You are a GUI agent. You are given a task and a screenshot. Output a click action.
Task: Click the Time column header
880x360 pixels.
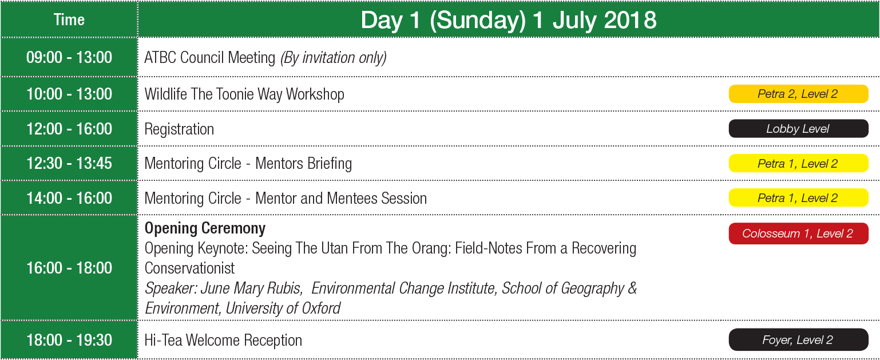(x=69, y=19)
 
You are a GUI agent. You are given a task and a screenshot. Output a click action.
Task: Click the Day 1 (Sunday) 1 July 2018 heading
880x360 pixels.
(x=508, y=20)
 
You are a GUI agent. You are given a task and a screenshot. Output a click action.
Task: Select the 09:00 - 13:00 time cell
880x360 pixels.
(x=69, y=57)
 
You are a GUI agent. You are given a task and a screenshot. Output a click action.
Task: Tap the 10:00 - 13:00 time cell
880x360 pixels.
(x=69, y=94)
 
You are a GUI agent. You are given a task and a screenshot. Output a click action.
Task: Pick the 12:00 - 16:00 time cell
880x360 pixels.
(x=69, y=129)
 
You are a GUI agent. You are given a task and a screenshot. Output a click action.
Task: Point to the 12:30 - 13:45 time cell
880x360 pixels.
(x=69, y=164)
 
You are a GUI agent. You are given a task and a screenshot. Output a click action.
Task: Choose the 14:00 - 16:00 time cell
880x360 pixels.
(x=69, y=198)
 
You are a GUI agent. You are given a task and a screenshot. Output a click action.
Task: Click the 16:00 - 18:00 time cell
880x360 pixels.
(x=69, y=268)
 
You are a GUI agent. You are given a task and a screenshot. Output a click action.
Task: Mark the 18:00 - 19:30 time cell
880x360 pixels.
(x=69, y=340)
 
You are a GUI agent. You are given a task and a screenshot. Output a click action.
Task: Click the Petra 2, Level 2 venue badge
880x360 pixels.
(x=798, y=94)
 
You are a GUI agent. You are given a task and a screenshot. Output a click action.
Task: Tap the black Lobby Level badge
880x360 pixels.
(x=798, y=129)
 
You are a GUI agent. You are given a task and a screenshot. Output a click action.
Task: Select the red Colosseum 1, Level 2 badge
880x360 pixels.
(x=798, y=234)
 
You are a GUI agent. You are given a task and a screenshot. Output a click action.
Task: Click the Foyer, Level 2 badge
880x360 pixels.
(x=798, y=339)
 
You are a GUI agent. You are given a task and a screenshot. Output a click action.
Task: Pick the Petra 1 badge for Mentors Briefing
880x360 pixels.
(x=798, y=163)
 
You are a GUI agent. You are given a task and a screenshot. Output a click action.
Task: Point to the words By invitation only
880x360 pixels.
(x=334, y=58)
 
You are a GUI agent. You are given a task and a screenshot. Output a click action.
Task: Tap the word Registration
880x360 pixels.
(x=179, y=129)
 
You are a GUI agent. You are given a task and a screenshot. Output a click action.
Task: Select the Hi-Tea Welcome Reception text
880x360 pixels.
(x=223, y=341)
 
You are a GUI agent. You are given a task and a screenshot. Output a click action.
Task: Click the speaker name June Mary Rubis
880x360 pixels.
(x=251, y=288)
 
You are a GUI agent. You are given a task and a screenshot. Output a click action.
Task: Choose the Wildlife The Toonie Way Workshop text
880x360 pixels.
(x=244, y=94)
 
